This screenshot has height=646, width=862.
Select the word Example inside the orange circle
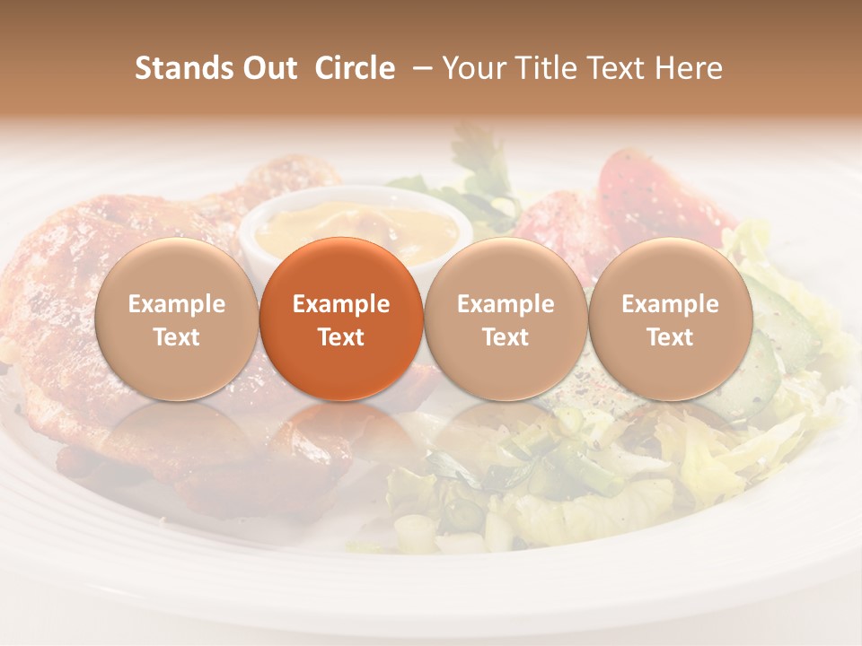click(341, 304)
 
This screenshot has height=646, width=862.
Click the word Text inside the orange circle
click(341, 337)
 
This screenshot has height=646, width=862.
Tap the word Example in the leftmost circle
click(176, 304)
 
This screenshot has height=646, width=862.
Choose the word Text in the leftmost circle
click(176, 337)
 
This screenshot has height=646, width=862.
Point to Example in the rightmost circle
click(670, 304)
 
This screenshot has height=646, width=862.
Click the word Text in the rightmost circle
click(670, 337)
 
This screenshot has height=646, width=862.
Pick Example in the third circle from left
click(506, 304)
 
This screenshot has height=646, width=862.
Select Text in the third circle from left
click(506, 337)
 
